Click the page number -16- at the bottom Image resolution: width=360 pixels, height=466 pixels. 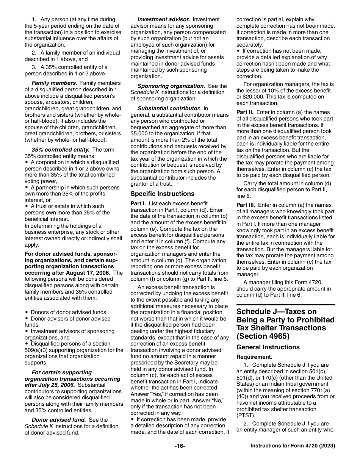[x=180, y=446]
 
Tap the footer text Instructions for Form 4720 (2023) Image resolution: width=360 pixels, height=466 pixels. [x=293, y=446]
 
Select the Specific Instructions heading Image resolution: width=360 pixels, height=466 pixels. [x=162, y=194]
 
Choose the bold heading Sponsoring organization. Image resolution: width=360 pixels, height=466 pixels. [x=171, y=86]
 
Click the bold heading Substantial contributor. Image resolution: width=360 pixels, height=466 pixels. [x=169, y=108]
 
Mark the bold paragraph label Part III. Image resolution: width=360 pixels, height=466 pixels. [x=246, y=205]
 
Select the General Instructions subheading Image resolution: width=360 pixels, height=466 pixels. [x=268, y=347]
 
